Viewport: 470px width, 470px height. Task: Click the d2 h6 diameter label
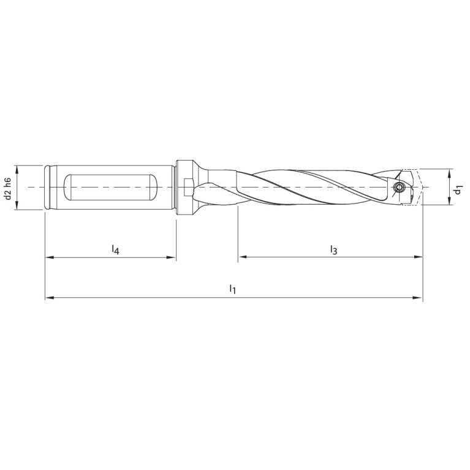tap(8, 188)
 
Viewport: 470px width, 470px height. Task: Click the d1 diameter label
tap(458, 191)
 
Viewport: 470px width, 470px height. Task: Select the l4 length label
tap(115, 249)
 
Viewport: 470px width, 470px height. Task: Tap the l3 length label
tap(333, 249)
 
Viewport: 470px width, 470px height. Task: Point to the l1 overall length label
tap(232, 288)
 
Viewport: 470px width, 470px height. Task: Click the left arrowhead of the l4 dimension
tap(49, 258)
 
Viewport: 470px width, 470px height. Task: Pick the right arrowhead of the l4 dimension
tap(173, 258)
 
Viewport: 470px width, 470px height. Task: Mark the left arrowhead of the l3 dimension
tap(241, 257)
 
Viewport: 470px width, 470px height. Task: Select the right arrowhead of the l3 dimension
tap(419, 257)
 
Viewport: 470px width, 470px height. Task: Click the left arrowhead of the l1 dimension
tap(49, 298)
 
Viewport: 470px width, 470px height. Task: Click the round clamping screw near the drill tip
tap(399, 187)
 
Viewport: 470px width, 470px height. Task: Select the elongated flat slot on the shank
tap(110, 187)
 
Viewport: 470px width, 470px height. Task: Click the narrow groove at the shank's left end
tap(48, 187)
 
